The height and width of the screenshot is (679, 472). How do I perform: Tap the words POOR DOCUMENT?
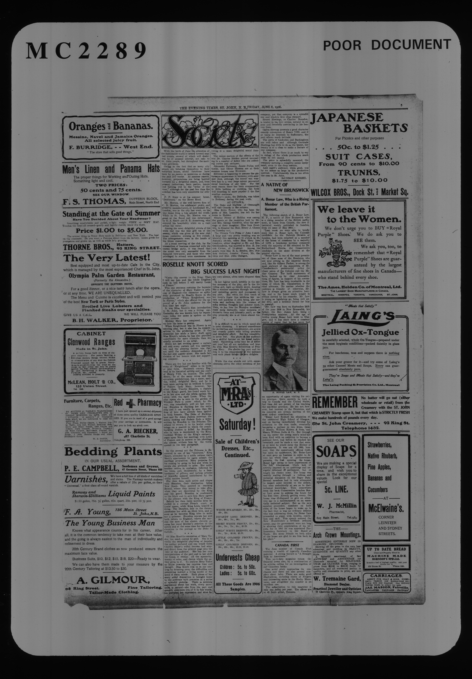[387, 45]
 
